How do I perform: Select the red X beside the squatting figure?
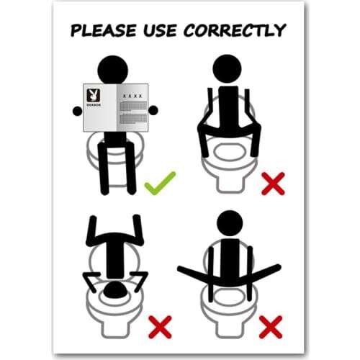click(271, 185)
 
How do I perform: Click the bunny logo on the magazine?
click(93, 94)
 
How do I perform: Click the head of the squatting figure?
click(230, 68)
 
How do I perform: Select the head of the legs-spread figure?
click(230, 222)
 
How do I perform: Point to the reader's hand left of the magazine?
click(78, 110)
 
